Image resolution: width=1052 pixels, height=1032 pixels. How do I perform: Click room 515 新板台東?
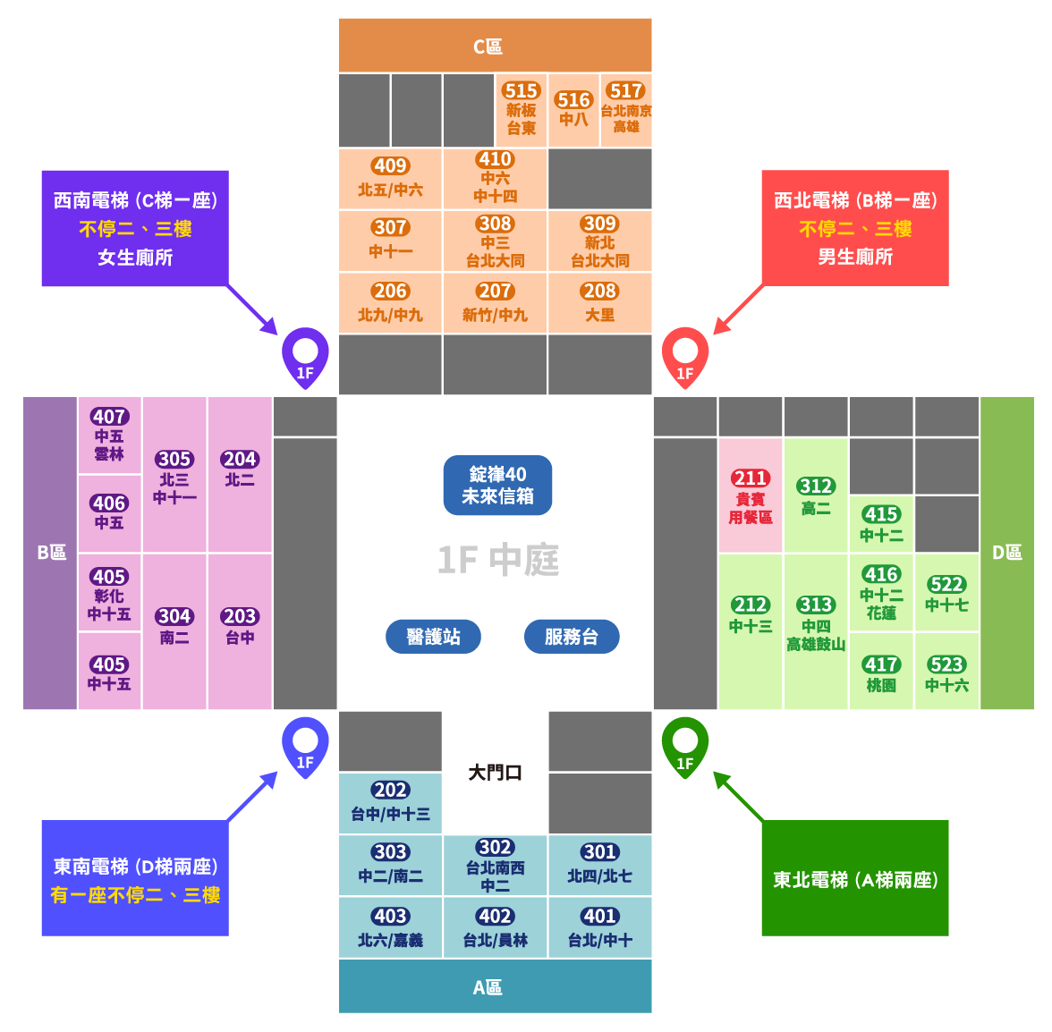pyautogui.click(x=521, y=110)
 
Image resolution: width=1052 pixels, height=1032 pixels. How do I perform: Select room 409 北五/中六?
pyautogui.click(x=390, y=179)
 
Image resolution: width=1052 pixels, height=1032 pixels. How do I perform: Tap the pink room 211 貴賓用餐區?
pyautogui.click(x=750, y=495)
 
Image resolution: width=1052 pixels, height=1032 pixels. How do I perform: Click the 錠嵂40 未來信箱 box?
pyautogui.click(x=497, y=486)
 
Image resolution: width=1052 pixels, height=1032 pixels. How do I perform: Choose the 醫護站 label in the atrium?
pyautogui.click(x=433, y=637)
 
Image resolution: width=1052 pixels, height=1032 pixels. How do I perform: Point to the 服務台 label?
pyautogui.click(x=571, y=637)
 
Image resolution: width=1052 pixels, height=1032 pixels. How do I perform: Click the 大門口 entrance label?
pyautogui.click(x=495, y=772)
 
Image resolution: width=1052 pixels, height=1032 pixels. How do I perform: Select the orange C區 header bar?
pyautogui.click(x=495, y=46)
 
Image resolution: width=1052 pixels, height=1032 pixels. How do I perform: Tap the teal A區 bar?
pyautogui.click(x=495, y=986)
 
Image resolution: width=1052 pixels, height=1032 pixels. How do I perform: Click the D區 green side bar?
pyautogui.click(x=1006, y=553)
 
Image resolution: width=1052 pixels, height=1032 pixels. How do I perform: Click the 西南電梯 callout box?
pyautogui.click(x=135, y=228)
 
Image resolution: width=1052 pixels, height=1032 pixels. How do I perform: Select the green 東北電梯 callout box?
pyautogui.click(x=854, y=878)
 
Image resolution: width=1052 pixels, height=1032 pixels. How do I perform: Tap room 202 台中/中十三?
pyautogui.click(x=390, y=802)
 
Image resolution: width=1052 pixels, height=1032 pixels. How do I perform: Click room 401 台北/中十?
pyautogui.click(x=599, y=927)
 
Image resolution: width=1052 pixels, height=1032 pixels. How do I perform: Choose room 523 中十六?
pyautogui.click(x=946, y=672)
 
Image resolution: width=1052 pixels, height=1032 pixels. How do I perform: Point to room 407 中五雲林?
pyautogui.click(x=109, y=436)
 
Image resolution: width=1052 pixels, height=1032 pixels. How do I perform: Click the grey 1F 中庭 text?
pyautogui.click(x=497, y=561)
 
